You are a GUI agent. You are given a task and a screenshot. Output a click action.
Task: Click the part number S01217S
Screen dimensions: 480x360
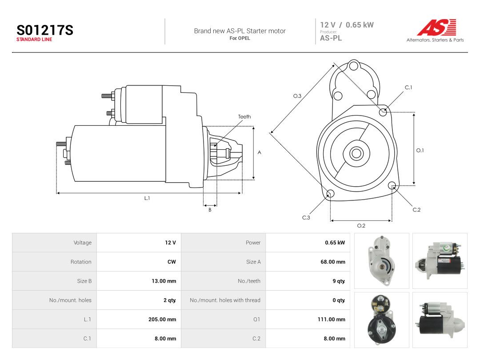pos(45,30)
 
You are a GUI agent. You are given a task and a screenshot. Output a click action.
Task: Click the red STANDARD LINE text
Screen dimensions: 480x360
pos(34,40)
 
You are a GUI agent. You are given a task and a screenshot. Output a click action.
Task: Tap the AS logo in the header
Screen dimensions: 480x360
pos(436,28)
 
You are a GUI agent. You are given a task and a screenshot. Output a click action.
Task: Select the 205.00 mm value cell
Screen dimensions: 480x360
pos(162,319)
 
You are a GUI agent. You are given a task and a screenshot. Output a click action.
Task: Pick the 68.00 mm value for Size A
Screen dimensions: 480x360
pos(333,262)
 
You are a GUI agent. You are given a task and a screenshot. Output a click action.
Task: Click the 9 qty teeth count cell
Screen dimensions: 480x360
pos(339,281)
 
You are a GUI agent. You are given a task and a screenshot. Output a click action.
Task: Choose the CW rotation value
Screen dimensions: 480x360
pos(172,262)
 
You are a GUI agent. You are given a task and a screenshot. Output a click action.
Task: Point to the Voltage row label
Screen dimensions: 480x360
pos(83,243)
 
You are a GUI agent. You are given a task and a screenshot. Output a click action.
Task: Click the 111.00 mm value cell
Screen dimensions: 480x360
pos(332,319)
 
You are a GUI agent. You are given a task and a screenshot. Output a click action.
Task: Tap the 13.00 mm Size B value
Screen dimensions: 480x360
pos(164,281)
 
